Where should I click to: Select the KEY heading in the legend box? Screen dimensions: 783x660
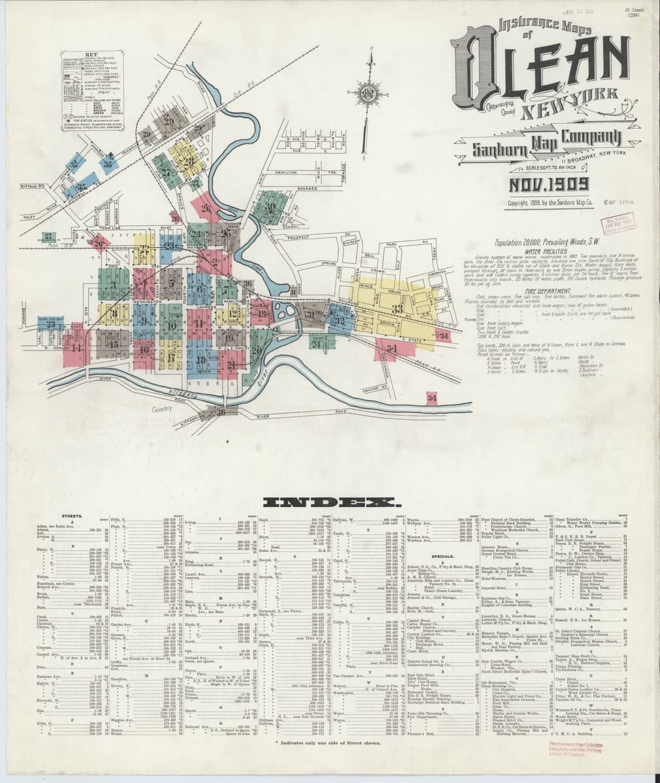click(x=92, y=55)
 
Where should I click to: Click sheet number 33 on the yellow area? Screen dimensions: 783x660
click(x=396, y=309)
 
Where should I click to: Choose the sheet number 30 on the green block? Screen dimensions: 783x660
click(x=270, y=207)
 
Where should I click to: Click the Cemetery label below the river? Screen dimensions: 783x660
click(x=160, y=409)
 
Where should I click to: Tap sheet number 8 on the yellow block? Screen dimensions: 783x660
click(x=113, y=313)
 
